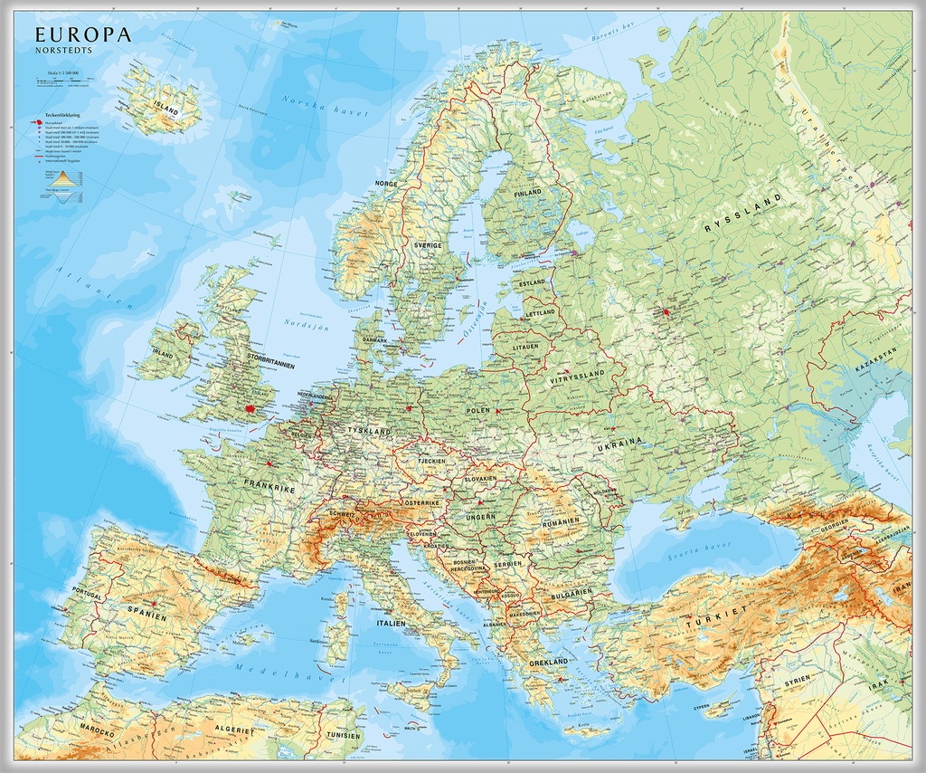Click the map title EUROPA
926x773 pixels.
coord(83,35)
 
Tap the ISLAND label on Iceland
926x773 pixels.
coord(166,110)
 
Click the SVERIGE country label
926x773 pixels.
coord(428,245)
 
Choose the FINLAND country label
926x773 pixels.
coord(528,193)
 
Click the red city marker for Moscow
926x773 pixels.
coord(667,312)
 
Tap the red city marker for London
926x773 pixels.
coord(250,409)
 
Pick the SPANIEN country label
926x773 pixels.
coord(146,615)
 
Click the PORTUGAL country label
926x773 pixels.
coord(87,596)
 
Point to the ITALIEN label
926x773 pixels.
coord(392,624)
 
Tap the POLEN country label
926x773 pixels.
coord(478,410)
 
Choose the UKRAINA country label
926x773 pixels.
coord(619,442)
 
